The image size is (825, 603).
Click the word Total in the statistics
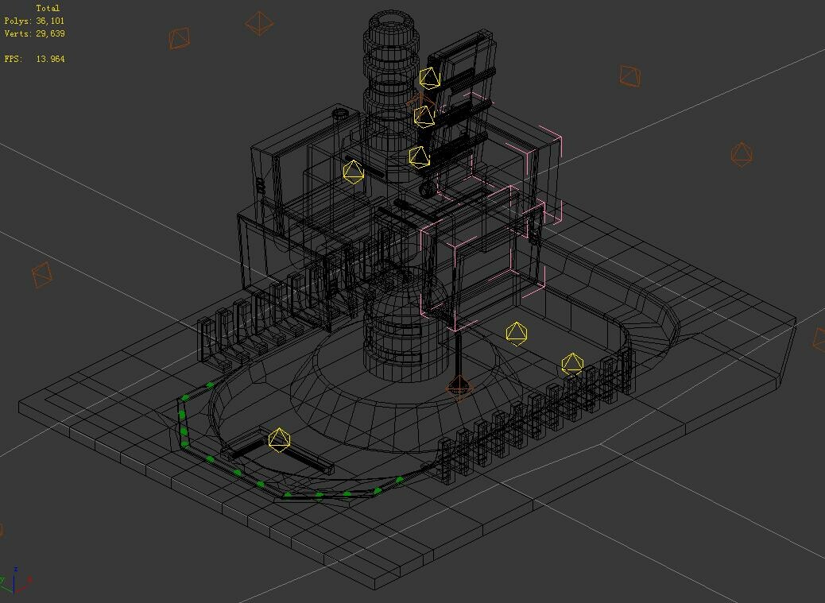[48, 8]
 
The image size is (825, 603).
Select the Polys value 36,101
[50, 21]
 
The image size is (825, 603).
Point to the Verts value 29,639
[50, 33]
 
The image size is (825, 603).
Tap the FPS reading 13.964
[50, 59]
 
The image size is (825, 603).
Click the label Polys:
[17, 21]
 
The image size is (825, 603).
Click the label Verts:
[17, 33]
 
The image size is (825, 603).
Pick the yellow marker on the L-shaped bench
[279, 440]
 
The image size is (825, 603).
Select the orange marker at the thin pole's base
[459, 388]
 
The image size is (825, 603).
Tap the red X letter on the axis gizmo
[29, 580]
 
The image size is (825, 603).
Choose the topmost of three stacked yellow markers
[429, 78]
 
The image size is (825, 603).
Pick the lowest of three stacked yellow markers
[419, 157]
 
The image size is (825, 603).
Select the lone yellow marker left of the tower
[353, 172]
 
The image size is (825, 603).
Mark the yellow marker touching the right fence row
[572, 364]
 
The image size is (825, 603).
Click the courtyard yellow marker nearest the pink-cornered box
[517, 334]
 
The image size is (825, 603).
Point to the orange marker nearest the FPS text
[180, 37]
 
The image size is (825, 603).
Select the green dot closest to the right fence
[400, 480]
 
